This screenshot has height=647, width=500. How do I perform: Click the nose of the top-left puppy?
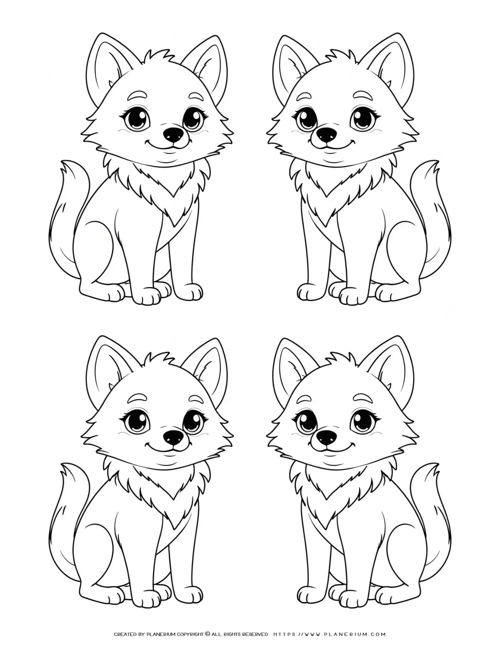[172, 133]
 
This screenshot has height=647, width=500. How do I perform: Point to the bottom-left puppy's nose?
[172, 437]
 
